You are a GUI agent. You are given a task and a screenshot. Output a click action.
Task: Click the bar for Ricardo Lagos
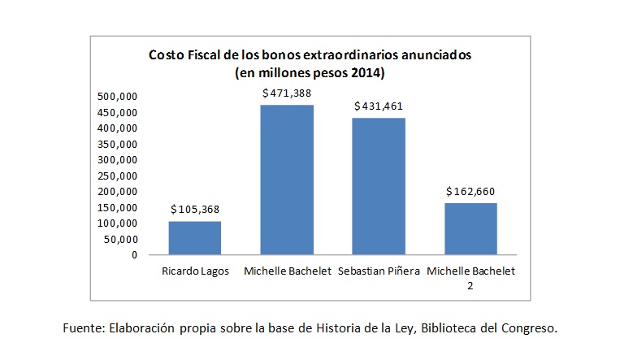[x=194, y=237]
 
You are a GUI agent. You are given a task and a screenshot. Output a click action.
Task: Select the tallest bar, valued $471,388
[x=286, y=180]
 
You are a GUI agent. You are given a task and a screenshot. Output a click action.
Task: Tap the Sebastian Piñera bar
[x=378, y=186]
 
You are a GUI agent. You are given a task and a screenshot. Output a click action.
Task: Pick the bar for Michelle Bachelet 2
[x=470, y=228]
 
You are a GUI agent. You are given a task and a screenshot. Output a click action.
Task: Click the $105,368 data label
[x=195, y=210]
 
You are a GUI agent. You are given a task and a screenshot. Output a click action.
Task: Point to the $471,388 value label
[x=287, y=93]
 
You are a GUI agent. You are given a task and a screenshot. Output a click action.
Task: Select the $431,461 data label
[x=379, y=106]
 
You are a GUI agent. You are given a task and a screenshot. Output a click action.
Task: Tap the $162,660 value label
[x=470, y=192]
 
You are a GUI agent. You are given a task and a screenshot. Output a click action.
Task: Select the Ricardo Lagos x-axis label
[x=194, y=271]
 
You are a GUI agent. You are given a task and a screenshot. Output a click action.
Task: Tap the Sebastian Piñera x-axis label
[x=379, y=271]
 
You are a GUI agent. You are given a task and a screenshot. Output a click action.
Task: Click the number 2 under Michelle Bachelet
[x=470, y=284]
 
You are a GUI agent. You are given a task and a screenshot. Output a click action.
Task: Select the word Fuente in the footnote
[x=82, y=328]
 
